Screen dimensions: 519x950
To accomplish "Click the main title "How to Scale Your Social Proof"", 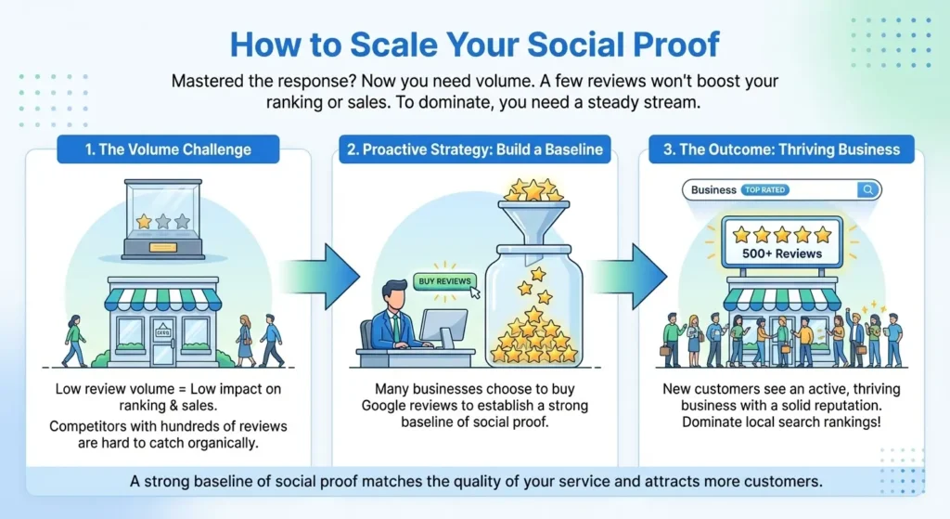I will point(474,44).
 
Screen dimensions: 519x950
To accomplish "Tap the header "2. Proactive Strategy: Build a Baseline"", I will point(474,149).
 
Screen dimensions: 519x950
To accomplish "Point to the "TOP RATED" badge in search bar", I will point(764,190).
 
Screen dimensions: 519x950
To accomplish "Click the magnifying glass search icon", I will point(868,190).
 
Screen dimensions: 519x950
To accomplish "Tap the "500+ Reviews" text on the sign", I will point(781,253).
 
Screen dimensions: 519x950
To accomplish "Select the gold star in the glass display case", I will point(144,222).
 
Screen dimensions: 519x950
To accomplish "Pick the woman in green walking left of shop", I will point(74,340).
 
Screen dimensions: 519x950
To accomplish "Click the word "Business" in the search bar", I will point(713,190).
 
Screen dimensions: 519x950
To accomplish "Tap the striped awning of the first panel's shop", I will point(163,299).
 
